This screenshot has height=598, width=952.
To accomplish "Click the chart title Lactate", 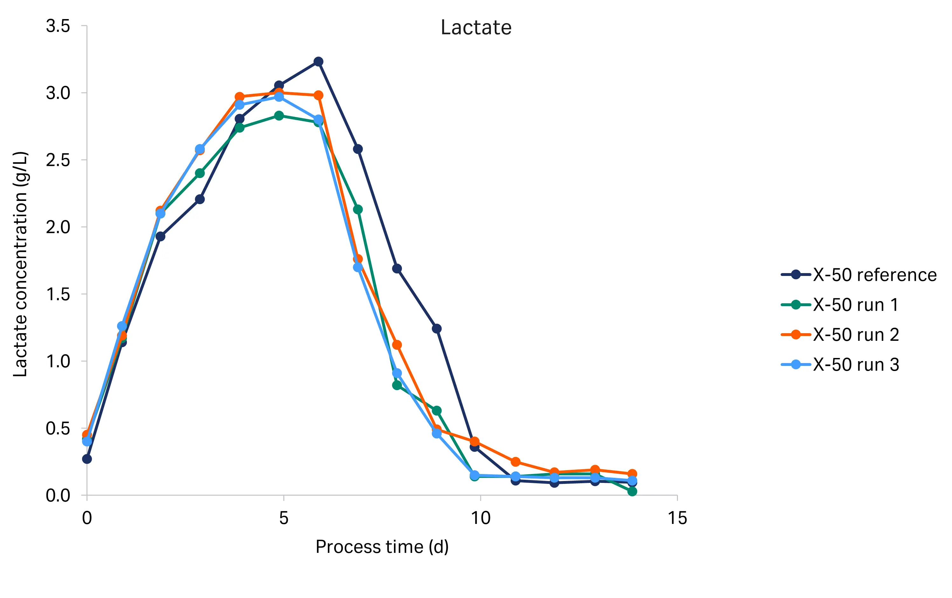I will click(476, 28).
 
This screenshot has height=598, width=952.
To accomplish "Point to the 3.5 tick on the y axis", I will click(58, 26).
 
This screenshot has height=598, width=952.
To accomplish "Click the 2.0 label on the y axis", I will click(58, 227).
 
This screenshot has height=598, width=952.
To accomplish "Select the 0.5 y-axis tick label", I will click(58, 429).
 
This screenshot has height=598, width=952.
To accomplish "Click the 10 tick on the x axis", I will click(480, 518).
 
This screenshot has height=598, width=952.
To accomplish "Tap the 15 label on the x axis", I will click(677, 518).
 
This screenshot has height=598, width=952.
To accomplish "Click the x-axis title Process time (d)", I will click(382, 547).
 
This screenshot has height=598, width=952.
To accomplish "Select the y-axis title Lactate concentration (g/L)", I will click(21, 264).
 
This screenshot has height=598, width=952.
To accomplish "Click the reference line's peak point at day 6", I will click(318, 61).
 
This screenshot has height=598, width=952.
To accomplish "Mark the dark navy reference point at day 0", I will click(87, 459).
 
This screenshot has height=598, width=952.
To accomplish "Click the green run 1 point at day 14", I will click(632, 491).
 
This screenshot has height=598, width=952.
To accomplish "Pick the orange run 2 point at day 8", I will click(397, 345).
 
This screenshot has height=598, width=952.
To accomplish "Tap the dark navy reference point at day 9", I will click(437, 328).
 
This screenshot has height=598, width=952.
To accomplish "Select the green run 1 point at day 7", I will click(358, 210).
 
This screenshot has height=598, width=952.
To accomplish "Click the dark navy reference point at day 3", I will click(200, 199).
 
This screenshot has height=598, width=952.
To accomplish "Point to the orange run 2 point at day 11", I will click(515, 462).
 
